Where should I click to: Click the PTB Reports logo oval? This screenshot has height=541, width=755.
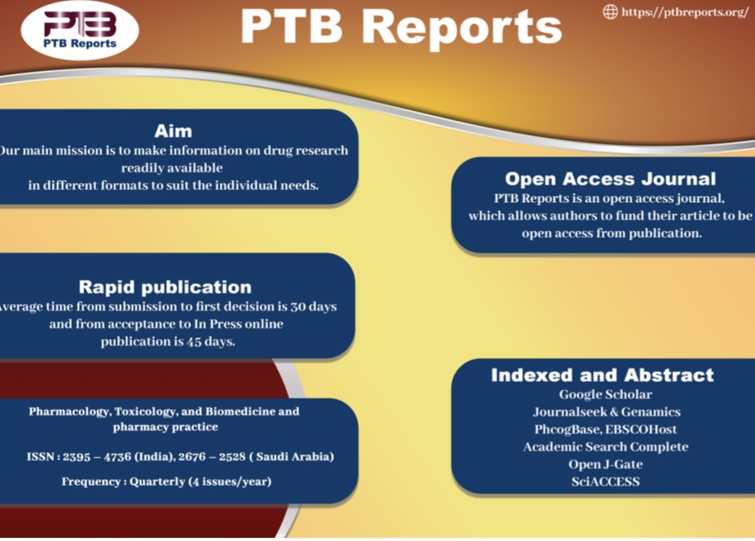80,30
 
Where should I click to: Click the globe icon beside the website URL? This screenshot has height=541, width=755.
611,12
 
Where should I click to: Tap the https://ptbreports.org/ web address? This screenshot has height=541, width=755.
685,13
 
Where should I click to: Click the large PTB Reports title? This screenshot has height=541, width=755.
401,28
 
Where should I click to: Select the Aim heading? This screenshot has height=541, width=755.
173,131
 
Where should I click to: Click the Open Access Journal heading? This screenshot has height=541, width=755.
610,179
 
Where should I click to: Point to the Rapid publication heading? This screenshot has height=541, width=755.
165,287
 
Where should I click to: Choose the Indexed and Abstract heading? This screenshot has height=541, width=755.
603,374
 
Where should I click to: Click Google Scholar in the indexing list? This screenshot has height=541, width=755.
606,394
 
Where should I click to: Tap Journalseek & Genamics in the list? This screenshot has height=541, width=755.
606,412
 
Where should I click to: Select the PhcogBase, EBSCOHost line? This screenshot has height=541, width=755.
606,429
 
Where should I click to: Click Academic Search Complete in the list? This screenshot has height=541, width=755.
606,446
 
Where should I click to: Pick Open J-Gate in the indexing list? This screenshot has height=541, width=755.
606,464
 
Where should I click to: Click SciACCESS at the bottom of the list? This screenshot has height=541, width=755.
606,482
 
